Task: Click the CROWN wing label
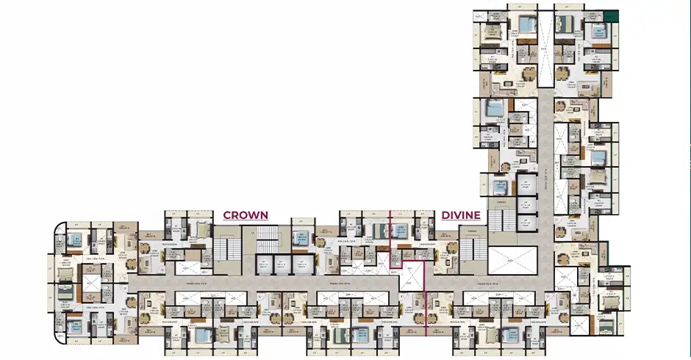[246, 215]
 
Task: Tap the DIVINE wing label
[461, 215]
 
